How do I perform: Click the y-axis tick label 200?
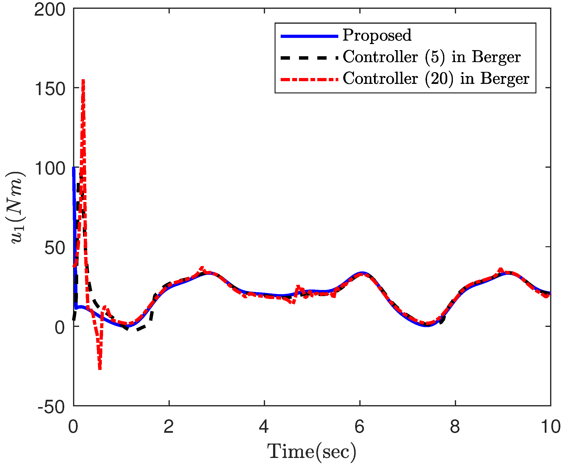(50, 10)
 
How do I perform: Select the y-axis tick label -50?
(51, 407)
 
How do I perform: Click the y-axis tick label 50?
(55, 248)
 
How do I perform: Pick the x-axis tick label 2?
(169, 426)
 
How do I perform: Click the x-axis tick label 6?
(359, 426)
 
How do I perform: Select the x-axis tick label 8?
(455, 426)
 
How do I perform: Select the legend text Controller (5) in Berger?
(432, 57)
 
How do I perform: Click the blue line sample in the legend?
(309, 36)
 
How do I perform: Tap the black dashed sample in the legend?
(309, 57)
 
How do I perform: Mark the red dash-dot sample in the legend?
(309, 79)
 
